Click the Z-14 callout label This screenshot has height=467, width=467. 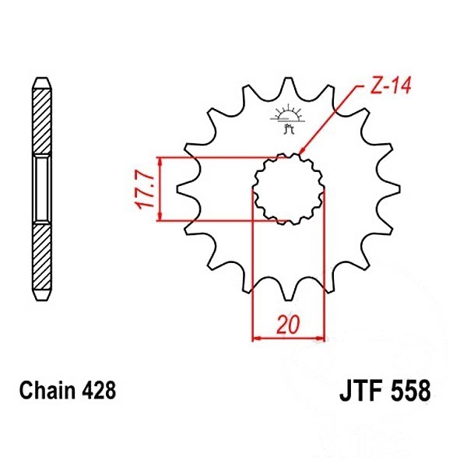point(391,86)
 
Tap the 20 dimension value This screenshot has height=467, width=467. point(288,325)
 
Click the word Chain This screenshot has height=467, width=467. point(47,391)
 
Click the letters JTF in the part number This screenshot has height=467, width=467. point(361,391)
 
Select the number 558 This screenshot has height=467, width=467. point(410,391)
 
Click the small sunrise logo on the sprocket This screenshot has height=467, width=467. point(288,118)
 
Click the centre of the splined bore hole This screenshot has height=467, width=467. point(289,189)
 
